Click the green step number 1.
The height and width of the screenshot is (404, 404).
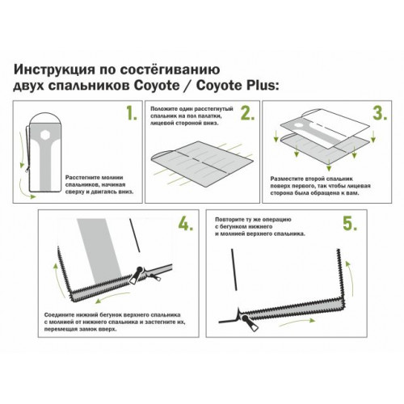click(x=132, y=112)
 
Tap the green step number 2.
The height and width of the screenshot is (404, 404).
click(x=247, y=112)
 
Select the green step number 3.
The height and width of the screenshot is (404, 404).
click(x=380, y=112)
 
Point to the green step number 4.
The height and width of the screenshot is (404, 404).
click(x=186, y=223)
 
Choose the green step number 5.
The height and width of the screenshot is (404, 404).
click(x=350, y=223)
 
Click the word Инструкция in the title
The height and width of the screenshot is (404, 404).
click(x=54, y=70)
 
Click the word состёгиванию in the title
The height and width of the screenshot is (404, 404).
click(x=170, y=70)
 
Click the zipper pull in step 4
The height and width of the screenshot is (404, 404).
click(x=137, y=275)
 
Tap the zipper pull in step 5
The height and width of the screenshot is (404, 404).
click(x=250, y=323)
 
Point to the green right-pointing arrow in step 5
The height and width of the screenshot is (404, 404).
click(x=297, y=322)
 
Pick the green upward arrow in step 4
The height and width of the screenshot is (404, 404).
click(x=59, y=280)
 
